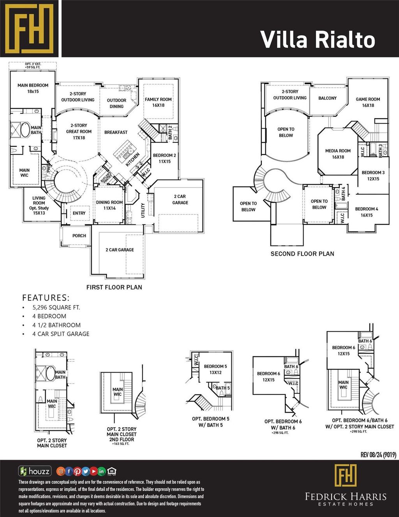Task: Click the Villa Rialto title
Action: (x=317, y=40)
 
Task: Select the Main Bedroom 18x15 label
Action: (x=33, y=88)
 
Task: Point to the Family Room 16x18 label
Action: (x=158, y=102)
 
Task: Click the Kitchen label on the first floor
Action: (x=132, y=160)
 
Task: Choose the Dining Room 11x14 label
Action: (x=109, y=205)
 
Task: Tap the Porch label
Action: (x=79, y=236)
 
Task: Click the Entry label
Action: (x=79, y=213)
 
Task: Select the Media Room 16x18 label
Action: (x=338, y=154)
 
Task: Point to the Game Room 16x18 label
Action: (x=368, y=102)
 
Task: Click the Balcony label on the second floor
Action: (x=327, y=98)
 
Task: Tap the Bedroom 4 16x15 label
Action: (x=366, y=212)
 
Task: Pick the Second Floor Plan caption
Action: (x=302, y=254)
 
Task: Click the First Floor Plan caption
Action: (x=114, y=287)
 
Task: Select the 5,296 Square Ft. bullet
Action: (x=56, y=307)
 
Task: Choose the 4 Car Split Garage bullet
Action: (x=61, y=334)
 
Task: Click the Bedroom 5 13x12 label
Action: (x=215, y=369)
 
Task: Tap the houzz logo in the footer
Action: (x=35, y=471)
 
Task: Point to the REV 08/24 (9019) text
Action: (x=378, y=455)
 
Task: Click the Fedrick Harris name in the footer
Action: (x=346, y=497)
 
